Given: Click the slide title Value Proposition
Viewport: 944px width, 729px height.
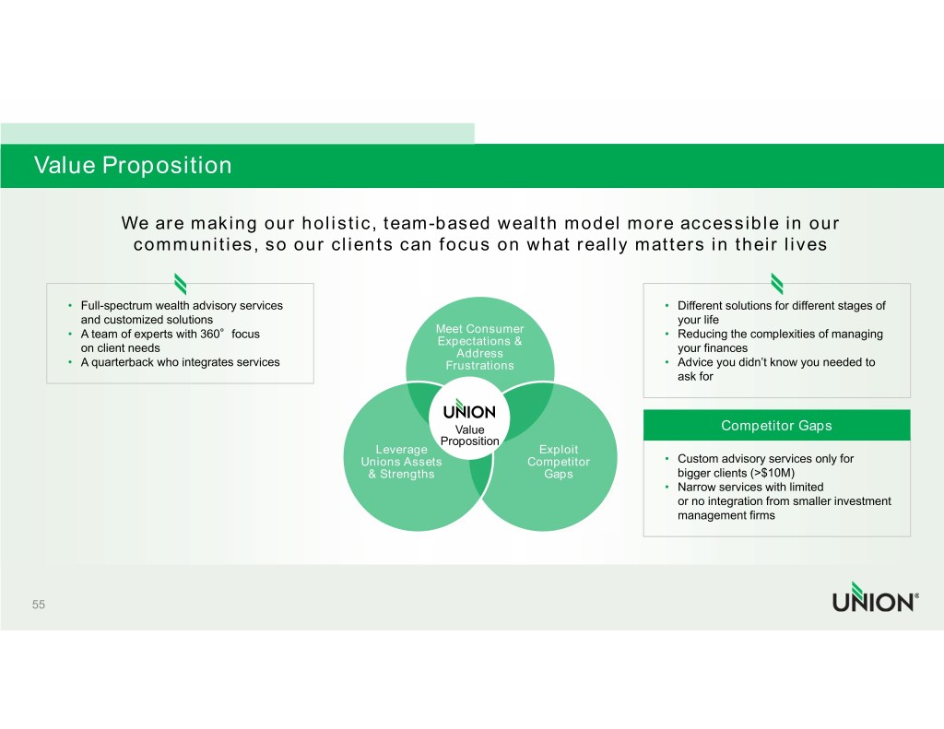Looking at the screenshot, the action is point(133,165).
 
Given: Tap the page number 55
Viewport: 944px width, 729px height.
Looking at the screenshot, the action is point(39,605).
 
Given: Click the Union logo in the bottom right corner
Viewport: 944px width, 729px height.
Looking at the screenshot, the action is point(876,597).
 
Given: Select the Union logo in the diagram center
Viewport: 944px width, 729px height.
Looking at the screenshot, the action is point(469,410).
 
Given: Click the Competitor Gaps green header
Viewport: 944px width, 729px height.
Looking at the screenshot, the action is point(776,426).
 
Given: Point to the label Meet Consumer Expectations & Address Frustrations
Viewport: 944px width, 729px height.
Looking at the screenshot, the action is point(479,347).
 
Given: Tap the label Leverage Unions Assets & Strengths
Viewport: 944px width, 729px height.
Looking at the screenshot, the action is point(402,462).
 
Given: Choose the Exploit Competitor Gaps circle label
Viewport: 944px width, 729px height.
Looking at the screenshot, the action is point(559,462).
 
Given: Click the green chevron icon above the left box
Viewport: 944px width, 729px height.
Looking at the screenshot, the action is point(180,284).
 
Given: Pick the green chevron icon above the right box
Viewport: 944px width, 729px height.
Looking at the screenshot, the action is point(776,284).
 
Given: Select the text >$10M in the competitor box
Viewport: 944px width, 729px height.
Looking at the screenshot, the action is point(773,473).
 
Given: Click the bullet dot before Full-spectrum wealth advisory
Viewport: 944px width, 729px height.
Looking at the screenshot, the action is point(70,306).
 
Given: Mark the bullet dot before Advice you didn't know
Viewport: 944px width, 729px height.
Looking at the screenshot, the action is point(667,362).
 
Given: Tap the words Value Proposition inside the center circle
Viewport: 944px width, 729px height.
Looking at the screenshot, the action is point(469,435).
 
